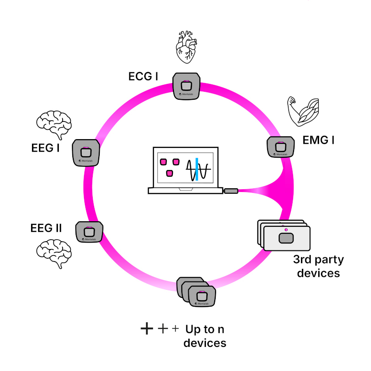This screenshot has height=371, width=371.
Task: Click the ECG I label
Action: (x=143, y=76)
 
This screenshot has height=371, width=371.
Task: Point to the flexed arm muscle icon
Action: (x=304, y=111)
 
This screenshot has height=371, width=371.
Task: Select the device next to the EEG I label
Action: (x=86, y=152)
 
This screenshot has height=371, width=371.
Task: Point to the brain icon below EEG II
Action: (x=54, y=253)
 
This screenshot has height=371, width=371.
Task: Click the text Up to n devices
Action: (x=205, y=336)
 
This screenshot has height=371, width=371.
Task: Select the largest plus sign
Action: (x=147, y=329)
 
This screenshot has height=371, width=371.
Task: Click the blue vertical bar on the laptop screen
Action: (x=197, y=169)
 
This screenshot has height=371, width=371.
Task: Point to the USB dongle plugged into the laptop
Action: (x=231, y=191)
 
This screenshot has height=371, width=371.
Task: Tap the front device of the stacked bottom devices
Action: (x=202, y=296)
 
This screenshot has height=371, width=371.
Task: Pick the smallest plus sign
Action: (x=175, y=329)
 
